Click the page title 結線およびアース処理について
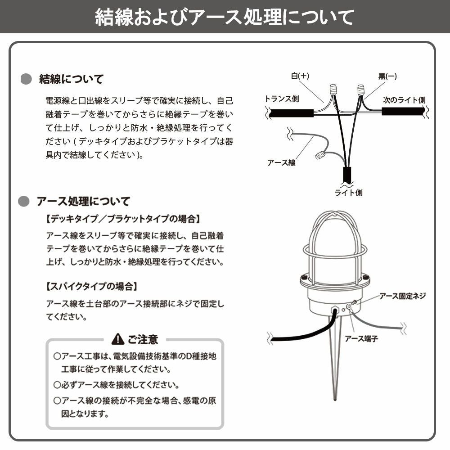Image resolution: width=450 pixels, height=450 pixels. click(x=225, y=18)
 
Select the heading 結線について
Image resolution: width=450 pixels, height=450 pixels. click(x=71, y=79)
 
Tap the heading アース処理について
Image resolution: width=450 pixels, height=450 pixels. click(x=83, y=201)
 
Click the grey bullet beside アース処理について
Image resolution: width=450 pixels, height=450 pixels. click(x=23, y=201)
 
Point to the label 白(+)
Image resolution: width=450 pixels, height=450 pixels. click(x=300, y=76)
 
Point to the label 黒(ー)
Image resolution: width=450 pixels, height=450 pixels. click(x=387, y=76)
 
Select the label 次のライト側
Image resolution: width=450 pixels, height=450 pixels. click(x=404, y=100)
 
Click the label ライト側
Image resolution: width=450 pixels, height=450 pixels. click(x=348, y=193)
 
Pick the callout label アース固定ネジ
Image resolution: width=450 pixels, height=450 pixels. click(x=402, y=296)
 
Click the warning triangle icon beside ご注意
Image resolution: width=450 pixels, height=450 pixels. click(x=117, y=338)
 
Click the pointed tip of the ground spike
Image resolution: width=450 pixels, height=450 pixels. click(x=336, y=398)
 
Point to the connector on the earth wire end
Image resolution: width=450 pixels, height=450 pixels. click(x=320, y=156)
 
